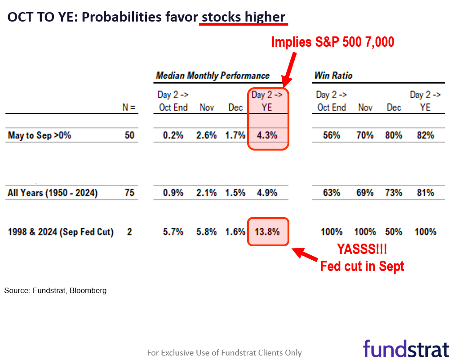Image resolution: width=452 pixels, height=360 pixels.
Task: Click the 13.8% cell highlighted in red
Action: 267,232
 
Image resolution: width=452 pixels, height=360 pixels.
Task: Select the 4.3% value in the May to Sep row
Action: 267,135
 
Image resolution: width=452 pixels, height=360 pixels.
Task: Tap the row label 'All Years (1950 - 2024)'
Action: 53,193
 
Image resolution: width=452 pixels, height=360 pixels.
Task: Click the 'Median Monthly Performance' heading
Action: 213,76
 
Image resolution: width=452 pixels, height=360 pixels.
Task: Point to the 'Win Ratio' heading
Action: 333,76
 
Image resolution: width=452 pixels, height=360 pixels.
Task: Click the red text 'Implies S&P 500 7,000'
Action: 332,42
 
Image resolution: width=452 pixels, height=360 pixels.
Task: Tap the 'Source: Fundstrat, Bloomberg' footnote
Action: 56,291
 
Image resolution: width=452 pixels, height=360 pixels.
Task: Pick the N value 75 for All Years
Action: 129,193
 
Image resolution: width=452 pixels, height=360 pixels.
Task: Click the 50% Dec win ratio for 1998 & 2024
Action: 393,232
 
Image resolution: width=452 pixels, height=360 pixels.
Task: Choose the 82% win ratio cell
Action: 425,135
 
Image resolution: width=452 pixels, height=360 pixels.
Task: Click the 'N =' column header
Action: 129,108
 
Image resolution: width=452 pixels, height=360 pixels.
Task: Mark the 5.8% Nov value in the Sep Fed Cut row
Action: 207,232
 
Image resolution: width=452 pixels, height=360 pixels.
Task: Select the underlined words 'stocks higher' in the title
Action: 243,17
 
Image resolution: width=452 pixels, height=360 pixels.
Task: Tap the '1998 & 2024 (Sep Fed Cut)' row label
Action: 61,232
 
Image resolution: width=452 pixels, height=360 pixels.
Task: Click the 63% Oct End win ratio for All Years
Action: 331,193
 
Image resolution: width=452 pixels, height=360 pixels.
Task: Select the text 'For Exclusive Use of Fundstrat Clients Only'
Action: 224,353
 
